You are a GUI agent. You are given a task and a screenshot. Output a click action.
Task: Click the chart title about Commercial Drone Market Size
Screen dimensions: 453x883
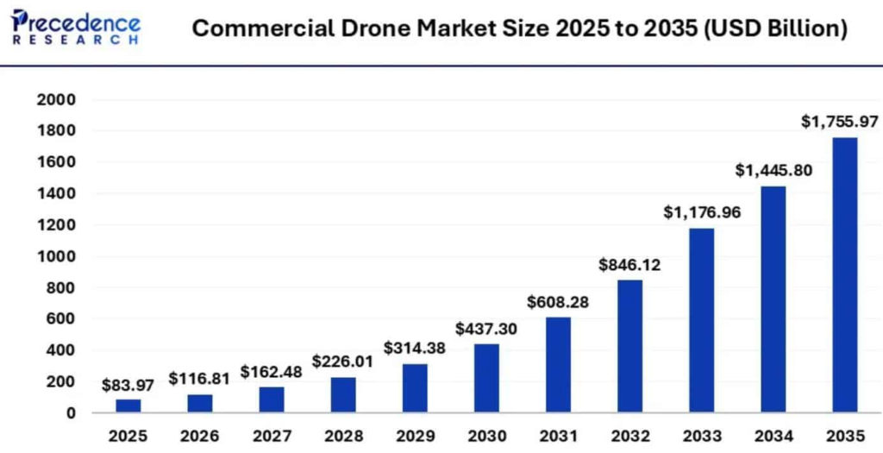pos(519,28)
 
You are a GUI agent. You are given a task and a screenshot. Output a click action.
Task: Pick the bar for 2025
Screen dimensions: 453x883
pos(128,406)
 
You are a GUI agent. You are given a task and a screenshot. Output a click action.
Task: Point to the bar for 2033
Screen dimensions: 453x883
pos(700,319)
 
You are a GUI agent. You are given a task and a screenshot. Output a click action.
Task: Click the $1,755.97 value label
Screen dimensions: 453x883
pos(839,122)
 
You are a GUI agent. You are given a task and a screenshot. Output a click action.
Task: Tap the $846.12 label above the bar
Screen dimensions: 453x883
pos(629,265)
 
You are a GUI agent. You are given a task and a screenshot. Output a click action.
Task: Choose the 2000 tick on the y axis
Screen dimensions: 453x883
pos(56,100)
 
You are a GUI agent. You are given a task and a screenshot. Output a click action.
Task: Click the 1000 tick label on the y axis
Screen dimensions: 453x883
pos(56,256)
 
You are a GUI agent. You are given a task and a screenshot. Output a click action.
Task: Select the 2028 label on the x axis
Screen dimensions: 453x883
pos(342,436)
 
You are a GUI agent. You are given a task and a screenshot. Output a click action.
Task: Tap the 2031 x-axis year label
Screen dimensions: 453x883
pos(557,436)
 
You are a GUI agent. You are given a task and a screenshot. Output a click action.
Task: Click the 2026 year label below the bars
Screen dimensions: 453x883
pos(199,436)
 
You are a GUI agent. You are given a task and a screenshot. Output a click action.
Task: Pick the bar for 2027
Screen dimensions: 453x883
pos(271,400)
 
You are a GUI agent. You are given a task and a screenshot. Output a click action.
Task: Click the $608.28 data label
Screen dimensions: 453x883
pos(557,302)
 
